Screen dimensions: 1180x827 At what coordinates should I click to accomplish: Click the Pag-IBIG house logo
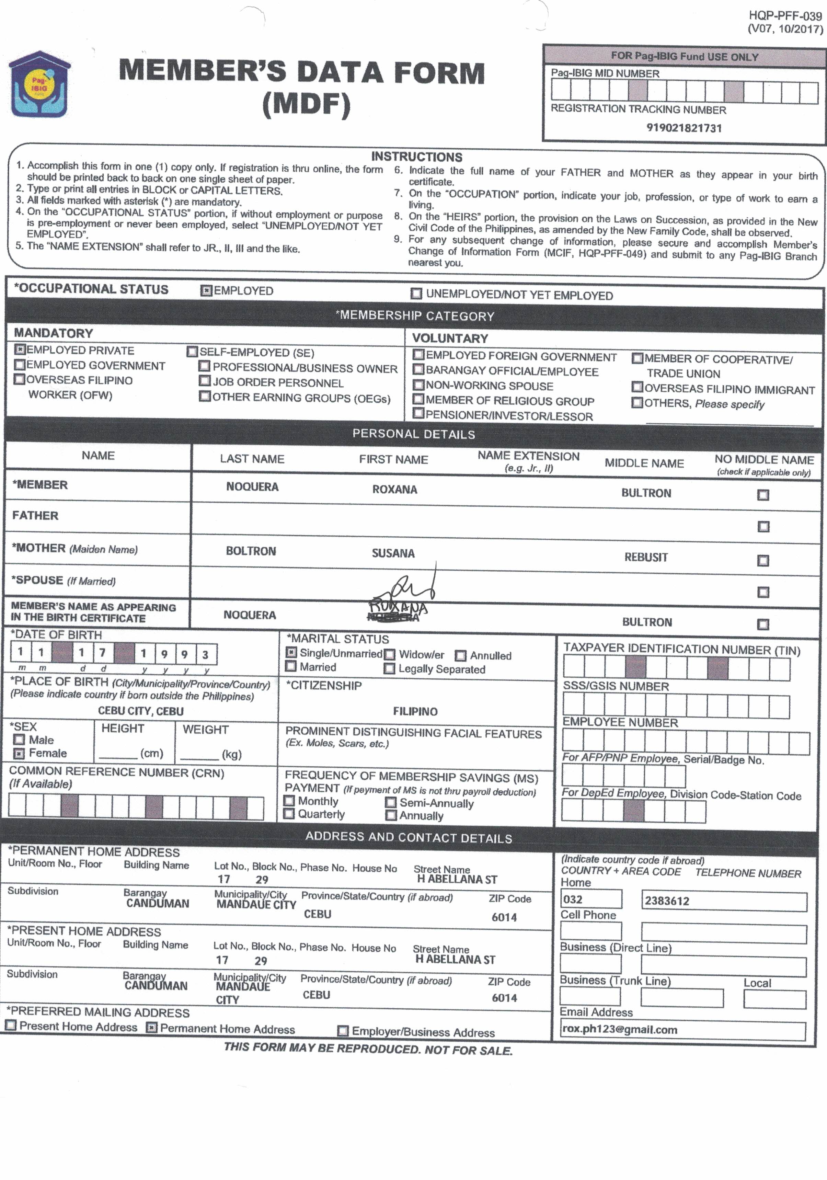point(39,84)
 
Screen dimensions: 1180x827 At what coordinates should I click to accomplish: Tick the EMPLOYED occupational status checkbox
point(206,291)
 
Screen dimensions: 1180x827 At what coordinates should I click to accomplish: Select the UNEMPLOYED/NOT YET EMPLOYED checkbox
point(416,294)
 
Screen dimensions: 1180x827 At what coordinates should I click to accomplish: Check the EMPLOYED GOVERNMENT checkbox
point(20,365)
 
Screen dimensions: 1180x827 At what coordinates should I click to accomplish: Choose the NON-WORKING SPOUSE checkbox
point(418,385)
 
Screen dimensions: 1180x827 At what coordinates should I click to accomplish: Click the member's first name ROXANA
point(394,489)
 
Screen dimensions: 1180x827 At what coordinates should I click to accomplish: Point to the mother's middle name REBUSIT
point(645,557)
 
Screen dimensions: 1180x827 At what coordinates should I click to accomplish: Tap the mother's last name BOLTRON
point(251,551)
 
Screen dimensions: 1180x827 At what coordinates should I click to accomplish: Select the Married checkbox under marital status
point(291,667)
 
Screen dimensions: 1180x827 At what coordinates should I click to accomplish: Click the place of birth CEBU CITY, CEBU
point(140,711)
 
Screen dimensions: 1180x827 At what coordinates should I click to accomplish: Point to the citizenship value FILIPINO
point(415,711)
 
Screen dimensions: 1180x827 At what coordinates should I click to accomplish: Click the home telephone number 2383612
point(667,901)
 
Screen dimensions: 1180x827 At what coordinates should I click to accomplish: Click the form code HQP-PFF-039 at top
point(785,16)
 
